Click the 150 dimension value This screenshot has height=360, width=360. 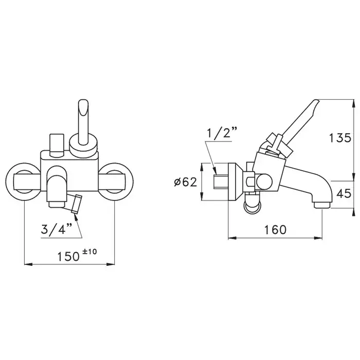pyautogui.click(x=68, y=257)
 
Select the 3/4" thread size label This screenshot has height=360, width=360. pyautogui.click(x=57, y=229)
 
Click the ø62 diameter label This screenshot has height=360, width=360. pyautogui.click(x=186, y=182)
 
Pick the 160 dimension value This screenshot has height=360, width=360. pyautogui.click(x=275, y=229)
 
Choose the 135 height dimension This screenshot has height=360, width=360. pyautogui.click(x=340, y=138)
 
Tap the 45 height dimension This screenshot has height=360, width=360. pyautogui.click(x=344, y=193)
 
